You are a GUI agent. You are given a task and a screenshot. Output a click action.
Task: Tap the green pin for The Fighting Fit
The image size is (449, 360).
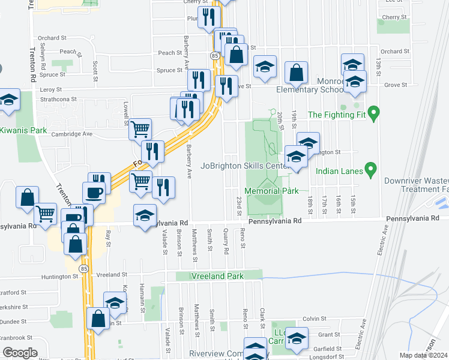373,112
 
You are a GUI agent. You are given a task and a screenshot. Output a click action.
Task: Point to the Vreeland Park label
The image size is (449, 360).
217,276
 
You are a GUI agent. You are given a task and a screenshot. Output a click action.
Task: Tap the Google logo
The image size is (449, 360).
20,353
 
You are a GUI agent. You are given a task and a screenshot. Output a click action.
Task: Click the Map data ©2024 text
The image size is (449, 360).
423,355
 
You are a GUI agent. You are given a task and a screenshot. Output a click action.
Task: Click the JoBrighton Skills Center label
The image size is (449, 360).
246,166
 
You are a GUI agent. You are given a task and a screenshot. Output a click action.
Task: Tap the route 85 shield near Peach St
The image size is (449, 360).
214,55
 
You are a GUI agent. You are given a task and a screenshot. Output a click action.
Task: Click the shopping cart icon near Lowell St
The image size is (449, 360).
140,128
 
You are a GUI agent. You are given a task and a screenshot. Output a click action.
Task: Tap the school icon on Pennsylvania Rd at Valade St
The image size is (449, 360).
145,214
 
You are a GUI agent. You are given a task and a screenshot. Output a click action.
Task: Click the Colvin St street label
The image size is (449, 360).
313,319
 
